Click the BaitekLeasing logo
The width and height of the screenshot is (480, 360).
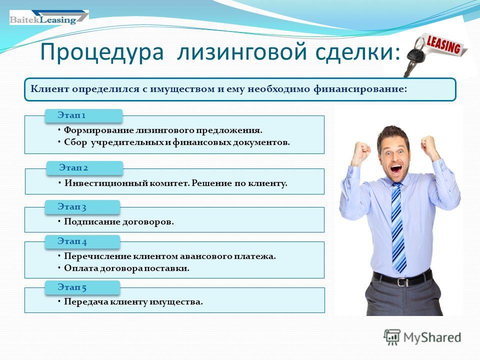(49, 17)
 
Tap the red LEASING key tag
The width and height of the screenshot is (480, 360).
(444, 45)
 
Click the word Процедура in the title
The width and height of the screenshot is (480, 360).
(102, 52)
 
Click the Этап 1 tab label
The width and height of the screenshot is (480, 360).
(71, 115)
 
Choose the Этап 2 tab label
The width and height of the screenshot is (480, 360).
(73, 168)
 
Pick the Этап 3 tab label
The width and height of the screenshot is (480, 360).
(72, 207)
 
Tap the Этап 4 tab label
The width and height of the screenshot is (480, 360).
(72, 241)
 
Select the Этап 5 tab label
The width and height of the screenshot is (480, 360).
(72, 287)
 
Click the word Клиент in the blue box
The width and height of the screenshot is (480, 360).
(50, 89)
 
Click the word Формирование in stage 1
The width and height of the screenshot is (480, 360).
(98, 130)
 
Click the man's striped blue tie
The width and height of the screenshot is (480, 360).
(398, 227)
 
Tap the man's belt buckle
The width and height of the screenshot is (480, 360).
(402, 281)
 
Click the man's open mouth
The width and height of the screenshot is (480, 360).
(396, 168)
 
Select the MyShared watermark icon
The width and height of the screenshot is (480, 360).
(392, 337)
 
